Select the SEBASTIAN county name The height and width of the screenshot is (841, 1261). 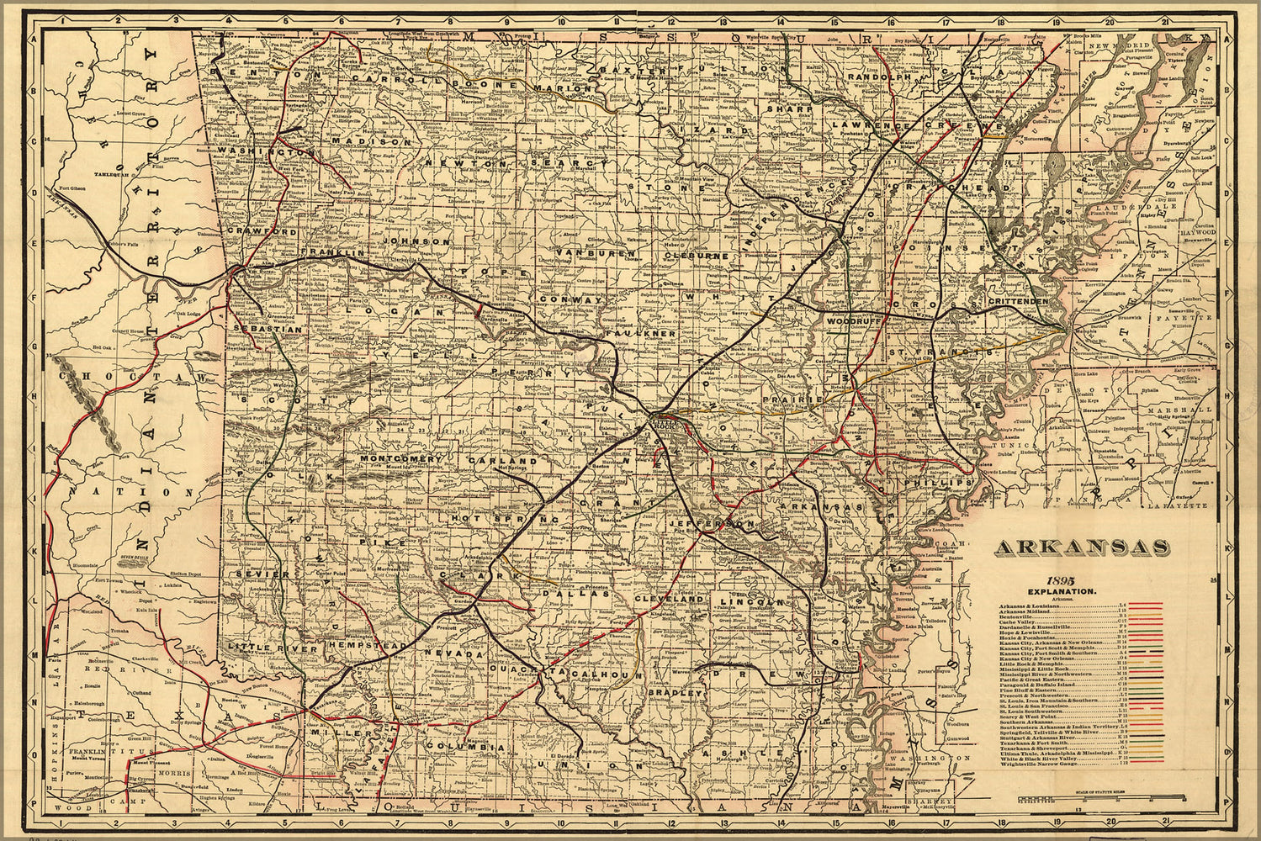click(x=268, y=331)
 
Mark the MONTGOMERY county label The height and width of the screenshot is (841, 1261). click(x=400, y=459)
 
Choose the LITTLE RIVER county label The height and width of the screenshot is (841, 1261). click(x=261, y=648)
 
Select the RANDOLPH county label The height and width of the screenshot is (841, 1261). click(x=879, y=77)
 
